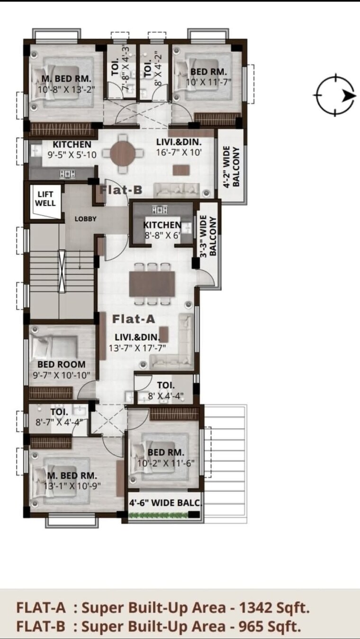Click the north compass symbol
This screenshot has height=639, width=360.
[334, 95]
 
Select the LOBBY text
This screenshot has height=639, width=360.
[85, 219]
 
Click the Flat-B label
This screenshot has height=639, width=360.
[121, 190]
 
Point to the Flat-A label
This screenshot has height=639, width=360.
[134, 319]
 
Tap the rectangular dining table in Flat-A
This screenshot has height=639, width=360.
[152, 283]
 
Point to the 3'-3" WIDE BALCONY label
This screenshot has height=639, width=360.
[209, 236]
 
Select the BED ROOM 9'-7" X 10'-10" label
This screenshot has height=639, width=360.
[62, 370]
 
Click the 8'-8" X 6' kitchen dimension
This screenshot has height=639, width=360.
[163, 233]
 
